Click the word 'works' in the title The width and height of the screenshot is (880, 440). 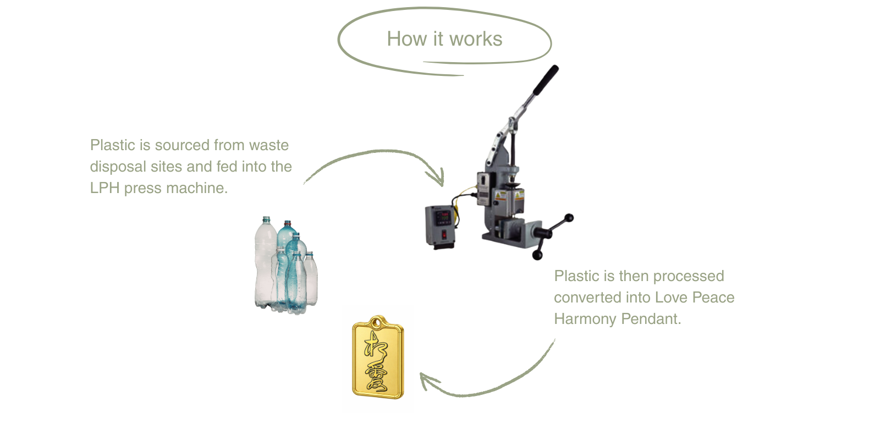(476, 39)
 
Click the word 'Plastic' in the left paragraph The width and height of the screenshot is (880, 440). (113, 145)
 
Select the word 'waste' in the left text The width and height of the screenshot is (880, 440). (269, 145)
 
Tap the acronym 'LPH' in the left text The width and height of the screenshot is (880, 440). (105, 188)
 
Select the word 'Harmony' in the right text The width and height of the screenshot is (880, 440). (585, 319)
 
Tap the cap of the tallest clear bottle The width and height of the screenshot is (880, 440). (266, 219)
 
